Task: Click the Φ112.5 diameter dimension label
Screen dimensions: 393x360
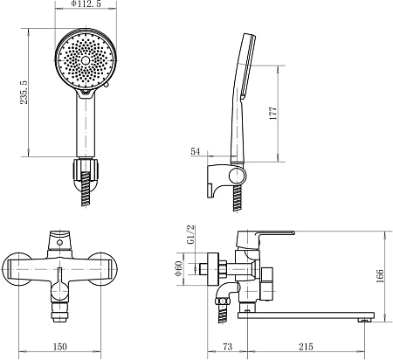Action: [x=86, y=3]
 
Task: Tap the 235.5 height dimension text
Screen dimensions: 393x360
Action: [x=24, y=93]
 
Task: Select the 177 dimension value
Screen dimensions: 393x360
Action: [x=273, y=114]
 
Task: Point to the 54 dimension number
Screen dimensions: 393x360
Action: [x=196, y=151]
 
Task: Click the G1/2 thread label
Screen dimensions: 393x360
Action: [x=191, y=235]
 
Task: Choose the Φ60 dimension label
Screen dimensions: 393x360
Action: [x=179, y=268]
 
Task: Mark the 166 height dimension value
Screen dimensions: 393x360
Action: [x=380, y=277]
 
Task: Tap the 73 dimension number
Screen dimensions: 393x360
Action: [x=228, y=347]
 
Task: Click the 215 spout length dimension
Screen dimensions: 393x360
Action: [x=306, y=347]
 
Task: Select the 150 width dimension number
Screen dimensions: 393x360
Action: [x=60, y=347]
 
